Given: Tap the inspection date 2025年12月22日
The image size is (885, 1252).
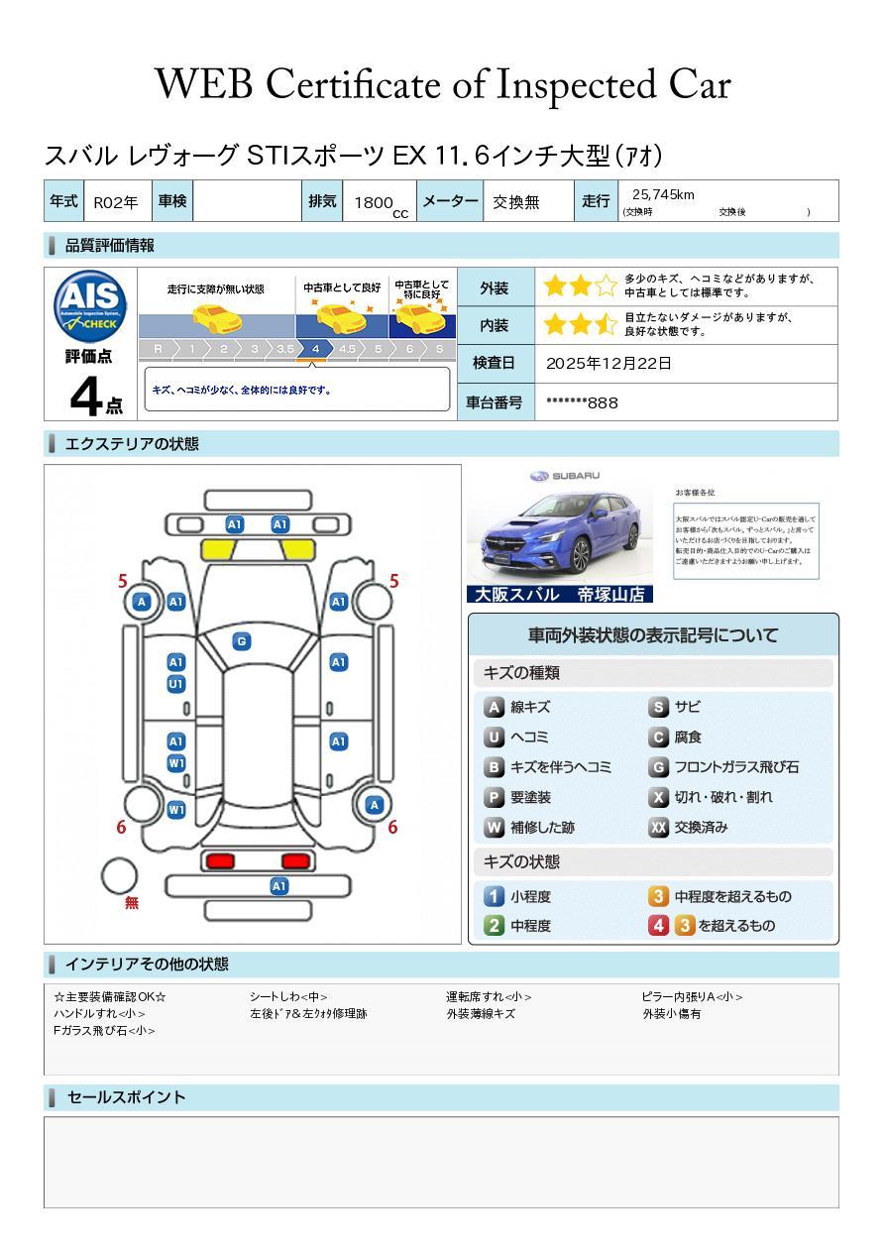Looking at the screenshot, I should [608, 364].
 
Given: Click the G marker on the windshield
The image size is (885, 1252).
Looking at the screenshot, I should [241, 641].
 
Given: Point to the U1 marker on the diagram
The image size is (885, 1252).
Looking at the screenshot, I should [175, 684].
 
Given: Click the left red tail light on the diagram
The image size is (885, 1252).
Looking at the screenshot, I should [219, 859].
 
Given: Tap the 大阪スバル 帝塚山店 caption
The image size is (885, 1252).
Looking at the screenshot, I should [559, 595].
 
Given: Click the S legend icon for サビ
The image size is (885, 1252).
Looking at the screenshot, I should [658, 708].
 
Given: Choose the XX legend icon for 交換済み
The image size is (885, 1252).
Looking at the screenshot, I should [658, 827].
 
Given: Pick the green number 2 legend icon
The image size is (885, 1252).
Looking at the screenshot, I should [494, 926].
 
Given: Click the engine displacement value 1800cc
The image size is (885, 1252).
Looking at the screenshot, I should [381, 203].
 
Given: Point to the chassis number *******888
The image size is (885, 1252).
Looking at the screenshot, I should [583, 402].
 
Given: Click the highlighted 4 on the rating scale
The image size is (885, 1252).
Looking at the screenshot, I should [315, 349].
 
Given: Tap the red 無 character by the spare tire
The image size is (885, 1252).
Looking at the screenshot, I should [132, 903].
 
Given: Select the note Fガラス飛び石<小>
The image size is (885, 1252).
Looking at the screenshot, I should [104, 1031].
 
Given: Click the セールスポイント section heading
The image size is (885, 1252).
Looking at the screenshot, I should [126, 1097].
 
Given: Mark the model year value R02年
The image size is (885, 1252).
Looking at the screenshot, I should [116, 202].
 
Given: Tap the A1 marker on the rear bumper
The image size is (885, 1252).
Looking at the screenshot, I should [279, 886].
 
